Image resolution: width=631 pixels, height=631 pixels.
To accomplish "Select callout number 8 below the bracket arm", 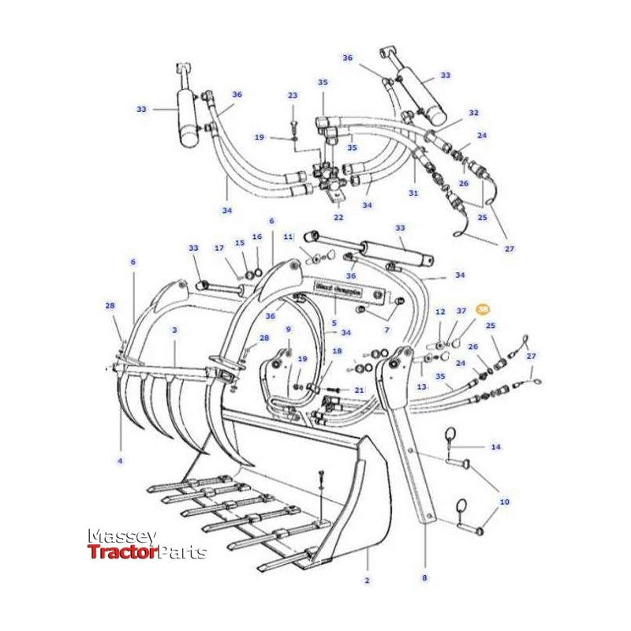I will [x=424, y=577].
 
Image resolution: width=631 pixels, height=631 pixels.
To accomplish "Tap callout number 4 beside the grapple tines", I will [x=121, y=461].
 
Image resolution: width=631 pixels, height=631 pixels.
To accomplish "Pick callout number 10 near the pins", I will [x=504, y=501].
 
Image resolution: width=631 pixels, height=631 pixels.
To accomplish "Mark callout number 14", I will [x=496, y=447].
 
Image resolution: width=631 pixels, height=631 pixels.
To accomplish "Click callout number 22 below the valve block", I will [x=338, y=218].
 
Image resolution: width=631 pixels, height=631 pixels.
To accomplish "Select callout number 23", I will [x=293, y=95].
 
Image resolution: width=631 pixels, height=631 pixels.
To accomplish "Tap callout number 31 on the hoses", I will [x=413, y=193].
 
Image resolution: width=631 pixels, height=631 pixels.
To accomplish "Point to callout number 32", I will [x=473, y=113].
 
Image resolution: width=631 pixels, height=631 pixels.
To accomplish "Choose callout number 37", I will [x=462, y=312].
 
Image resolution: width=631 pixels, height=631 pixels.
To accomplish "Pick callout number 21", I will [x=360, y=390].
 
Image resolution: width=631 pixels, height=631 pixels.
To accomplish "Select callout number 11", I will [x=288, y=236].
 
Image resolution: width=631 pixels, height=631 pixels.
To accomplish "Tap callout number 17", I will [x=219, y=248].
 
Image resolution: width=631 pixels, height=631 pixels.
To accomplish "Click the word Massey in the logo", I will [x=121, y=536].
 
